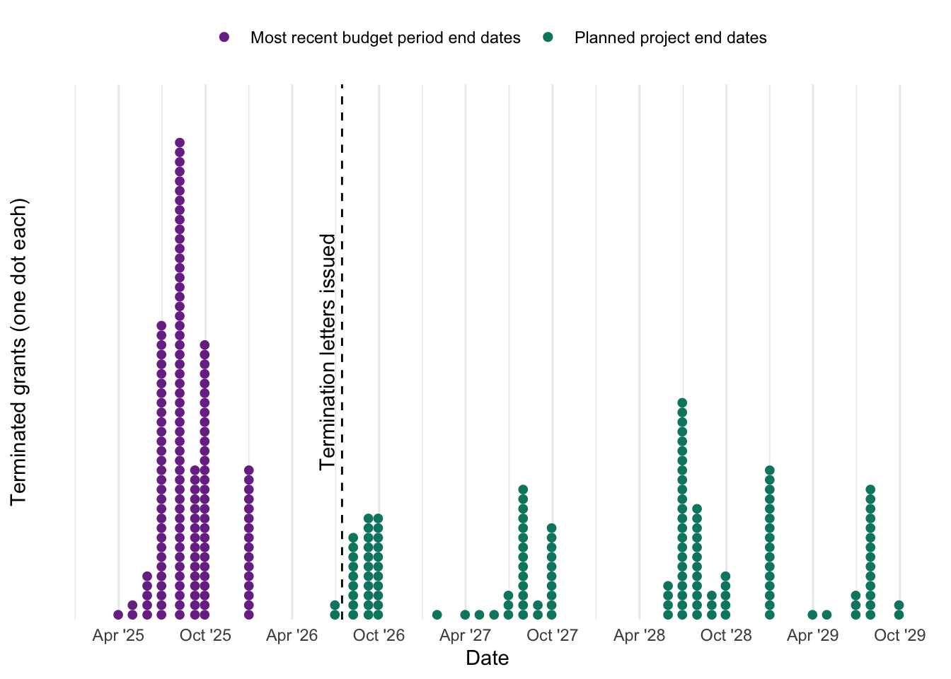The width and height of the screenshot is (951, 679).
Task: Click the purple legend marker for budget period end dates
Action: [x=224, y=37]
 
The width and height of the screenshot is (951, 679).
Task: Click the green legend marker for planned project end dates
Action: [x=548, y=37]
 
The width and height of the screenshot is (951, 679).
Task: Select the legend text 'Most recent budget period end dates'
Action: [x=386, y=37]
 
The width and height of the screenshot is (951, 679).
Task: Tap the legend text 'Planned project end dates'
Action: [x=670, y=37]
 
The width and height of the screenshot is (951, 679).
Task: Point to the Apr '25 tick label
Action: [x=118, y=635]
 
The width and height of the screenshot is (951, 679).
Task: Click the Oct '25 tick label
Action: [x=205, y=635]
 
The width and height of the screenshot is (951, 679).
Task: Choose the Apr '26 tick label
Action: [x=292, y=635]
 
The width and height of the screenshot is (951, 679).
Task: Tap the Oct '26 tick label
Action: [x=379, y=635]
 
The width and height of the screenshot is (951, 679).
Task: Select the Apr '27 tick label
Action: [x=466, y=635]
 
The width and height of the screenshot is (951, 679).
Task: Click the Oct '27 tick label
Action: [x=553, y=635]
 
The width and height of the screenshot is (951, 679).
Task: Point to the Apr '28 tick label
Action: [x=640, y=635]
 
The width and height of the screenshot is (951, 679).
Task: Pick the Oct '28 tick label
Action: [x=726, y=635]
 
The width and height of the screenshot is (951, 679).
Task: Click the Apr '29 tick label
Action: [x=813, y=635]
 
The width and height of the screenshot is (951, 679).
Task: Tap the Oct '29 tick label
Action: [x=899, y=635]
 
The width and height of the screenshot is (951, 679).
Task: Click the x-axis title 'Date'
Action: [x=487, y=658]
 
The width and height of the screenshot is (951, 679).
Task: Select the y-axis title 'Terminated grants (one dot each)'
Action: [x=18, y=352]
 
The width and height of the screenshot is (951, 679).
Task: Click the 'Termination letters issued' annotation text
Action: [x=328, y=352]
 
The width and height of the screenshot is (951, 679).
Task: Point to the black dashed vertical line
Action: [x=342, y=352]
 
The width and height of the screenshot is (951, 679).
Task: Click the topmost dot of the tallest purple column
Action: [x=180, y=143]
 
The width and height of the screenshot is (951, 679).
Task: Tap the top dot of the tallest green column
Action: [x=682, y=402]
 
